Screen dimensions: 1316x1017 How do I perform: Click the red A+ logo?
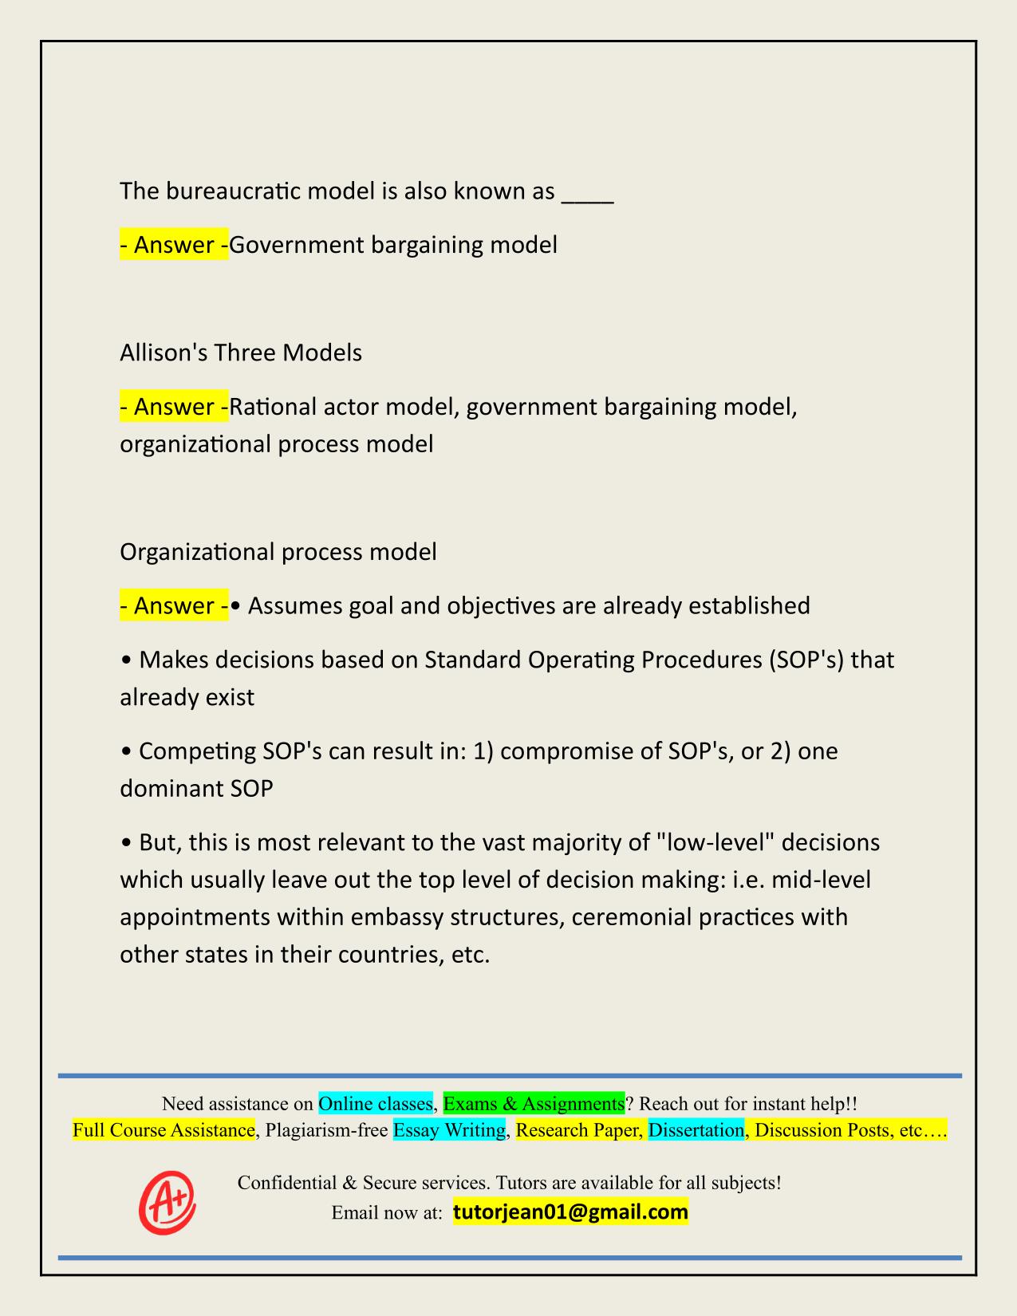tap(168, 1202)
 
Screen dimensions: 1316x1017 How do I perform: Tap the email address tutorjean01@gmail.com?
tap(570, 1212)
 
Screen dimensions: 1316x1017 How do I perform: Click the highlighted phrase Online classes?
tap(376, 1103)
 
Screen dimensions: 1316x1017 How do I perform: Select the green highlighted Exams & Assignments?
tap(534, 1103)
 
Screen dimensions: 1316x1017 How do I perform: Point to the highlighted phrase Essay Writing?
tap(450, 1129)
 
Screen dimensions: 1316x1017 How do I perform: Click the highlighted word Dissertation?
tap(696, 1129)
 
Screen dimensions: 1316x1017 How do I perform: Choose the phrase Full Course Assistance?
tap(164, 1129)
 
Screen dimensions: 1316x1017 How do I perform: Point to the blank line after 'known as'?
tap(588, 194)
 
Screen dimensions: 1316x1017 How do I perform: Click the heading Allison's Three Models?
tap(241, 352)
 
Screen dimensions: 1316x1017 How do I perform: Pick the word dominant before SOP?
tap(171, 788)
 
